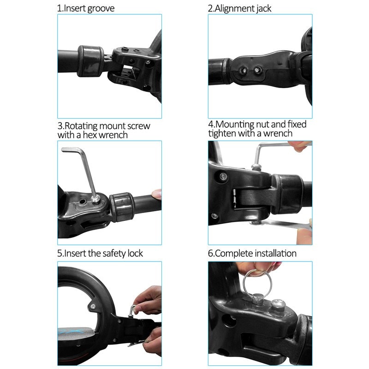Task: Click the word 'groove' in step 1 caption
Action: (98, 8)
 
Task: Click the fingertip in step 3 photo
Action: (157, 194)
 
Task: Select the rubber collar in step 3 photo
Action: (121, 206)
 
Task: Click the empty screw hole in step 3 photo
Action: (82, 202)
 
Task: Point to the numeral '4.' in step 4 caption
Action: (212, 125)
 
